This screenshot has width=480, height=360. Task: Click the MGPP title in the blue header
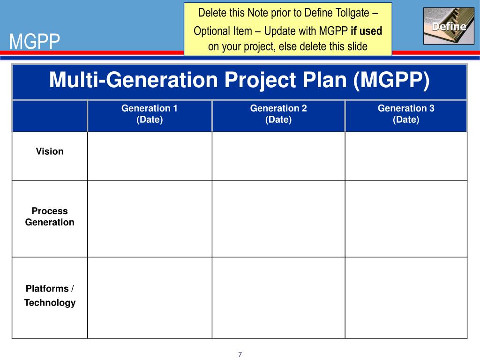tap(35, 43)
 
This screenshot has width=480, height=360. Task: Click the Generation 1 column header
tap(150, 114)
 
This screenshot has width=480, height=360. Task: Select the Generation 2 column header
tap(278, 114)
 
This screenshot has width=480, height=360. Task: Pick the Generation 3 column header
tap(406, 114)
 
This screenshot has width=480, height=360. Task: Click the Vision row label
tap(50, 151)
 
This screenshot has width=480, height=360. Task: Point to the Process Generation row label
tap(50, 217)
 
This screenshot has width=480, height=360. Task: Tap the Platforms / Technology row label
tap(50, 296)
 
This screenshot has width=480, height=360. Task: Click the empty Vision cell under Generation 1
tap(150, 156)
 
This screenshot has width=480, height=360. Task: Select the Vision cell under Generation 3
tap(406, 156)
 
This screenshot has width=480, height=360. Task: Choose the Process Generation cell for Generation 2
tap(278, 218)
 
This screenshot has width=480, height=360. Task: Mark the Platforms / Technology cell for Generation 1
tap(150, 298)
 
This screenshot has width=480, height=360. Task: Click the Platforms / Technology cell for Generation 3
tap(406, 298)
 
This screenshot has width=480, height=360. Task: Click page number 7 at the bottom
tap(240, 354)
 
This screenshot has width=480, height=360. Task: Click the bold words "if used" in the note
tap(367, 31)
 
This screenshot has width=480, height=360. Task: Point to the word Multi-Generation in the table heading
tap(134, 80)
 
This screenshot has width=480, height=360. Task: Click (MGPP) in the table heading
tap(392, 80)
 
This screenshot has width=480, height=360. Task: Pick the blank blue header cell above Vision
tap(50, 116)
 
